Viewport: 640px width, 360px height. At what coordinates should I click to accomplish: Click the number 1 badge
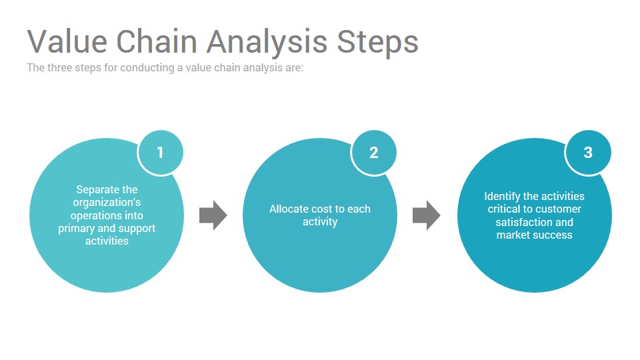(x=161, y=153)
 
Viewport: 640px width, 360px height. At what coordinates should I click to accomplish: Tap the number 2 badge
(x=373, y=153)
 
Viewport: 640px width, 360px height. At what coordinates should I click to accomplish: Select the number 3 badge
(x=588, y=153)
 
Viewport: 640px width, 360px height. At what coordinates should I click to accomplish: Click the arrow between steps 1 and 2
(x=213, y=215)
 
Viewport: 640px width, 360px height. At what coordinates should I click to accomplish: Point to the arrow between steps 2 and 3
(x=427, y=215)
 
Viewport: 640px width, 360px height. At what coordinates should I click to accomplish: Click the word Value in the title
(x=67, y=41)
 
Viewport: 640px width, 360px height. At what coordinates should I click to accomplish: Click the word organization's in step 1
(x=107, y=203)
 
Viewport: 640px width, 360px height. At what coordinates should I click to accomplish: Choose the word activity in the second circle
(x=320, y=222)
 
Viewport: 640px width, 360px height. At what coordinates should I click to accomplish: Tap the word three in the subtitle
(x=60, y=68)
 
